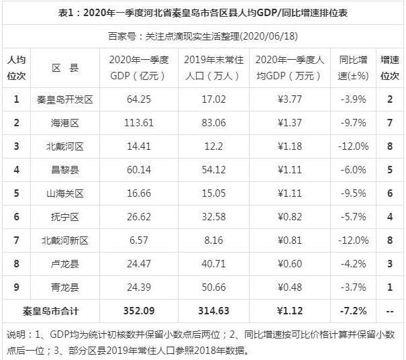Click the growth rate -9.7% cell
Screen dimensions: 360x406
click(x=352, y=124)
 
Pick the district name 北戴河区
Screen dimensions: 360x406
click(x=65, y=146)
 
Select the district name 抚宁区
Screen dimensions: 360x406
click(x=65, y=217)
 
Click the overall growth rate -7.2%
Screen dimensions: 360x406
click(x=352, y=311)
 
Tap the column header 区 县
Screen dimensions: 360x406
click(x=65, y=67)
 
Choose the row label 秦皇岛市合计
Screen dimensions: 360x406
click(x=50, y=311)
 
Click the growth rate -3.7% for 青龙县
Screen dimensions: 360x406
click(x=352, y=287)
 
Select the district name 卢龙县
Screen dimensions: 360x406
click(x=65, y=264)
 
